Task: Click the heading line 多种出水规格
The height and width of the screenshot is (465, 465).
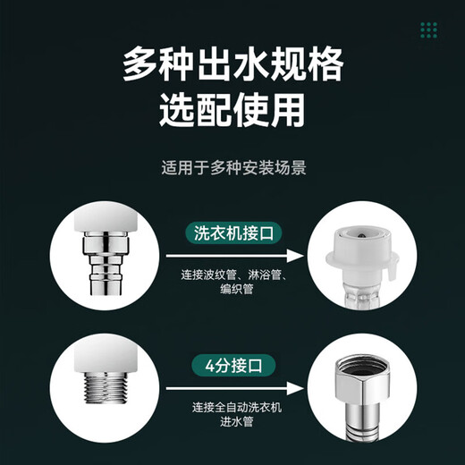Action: click(232, 68)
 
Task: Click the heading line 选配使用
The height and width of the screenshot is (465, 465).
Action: click(232, 113)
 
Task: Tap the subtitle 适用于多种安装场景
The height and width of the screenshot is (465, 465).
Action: click(232, 167)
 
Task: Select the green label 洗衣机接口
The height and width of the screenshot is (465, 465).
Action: click(226, 232)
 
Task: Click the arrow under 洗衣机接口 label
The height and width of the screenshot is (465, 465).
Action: click(227, 254)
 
